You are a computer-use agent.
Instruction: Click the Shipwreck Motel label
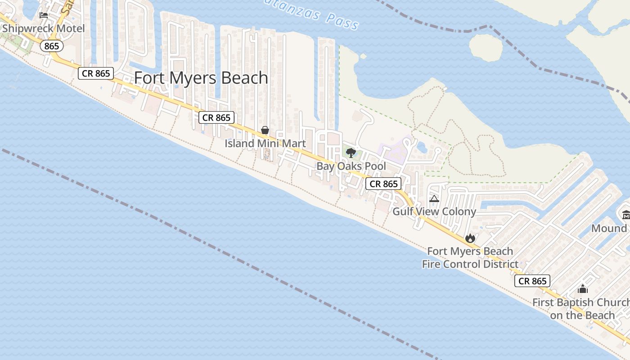click(43, 29)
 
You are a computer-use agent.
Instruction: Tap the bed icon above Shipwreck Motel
click(44, 15)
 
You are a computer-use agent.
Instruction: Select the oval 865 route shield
click(52, 46)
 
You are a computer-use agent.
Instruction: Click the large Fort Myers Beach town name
click(201, 78)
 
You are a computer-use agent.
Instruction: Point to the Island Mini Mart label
click(265, 144)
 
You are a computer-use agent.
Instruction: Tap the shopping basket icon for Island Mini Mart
click(265, 130)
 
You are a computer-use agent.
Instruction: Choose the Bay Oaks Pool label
click(351, 166)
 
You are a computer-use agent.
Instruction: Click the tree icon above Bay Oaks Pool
click(351, 153)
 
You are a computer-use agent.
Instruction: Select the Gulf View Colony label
click(434, 211)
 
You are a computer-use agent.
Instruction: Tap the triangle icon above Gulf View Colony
click(434, 198)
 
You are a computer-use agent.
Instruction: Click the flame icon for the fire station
click(470, 238)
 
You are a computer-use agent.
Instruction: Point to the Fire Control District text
click(470, 264)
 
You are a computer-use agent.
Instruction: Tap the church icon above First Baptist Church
click(583, 289)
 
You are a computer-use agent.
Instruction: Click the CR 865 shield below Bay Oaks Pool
click(383, 184)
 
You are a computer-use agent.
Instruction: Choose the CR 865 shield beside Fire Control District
click(532, 281)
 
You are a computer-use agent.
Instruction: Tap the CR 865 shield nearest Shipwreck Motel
click(96, 73)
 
